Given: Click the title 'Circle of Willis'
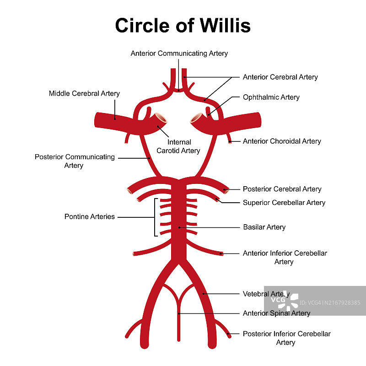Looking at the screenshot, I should point(183,25).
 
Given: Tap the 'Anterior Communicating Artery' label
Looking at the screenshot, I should point(179,53).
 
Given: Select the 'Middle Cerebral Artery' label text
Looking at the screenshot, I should point(84,93).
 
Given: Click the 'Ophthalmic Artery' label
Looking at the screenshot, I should point(271,97).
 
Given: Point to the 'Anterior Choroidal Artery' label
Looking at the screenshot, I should point(282,141).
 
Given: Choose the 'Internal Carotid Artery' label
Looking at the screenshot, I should point(178,146).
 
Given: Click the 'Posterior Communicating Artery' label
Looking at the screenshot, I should point(75,161).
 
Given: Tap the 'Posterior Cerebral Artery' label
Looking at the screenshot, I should point(282,189).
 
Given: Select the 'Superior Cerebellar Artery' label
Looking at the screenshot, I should point(284,202).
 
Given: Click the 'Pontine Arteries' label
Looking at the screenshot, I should point(89,216).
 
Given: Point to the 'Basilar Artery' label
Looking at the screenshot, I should point(264,227).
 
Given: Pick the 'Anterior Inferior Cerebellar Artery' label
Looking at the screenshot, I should point(285,257).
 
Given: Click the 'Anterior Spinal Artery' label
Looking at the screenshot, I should point(276,313).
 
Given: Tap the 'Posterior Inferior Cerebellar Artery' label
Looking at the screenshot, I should point(286,338).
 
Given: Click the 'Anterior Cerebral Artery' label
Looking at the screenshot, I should point(280,77).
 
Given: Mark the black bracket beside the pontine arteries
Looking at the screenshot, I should point(156,217).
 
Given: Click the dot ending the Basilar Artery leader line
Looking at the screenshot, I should point(179,227).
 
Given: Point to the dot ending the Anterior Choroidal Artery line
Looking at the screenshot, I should point(230,141).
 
